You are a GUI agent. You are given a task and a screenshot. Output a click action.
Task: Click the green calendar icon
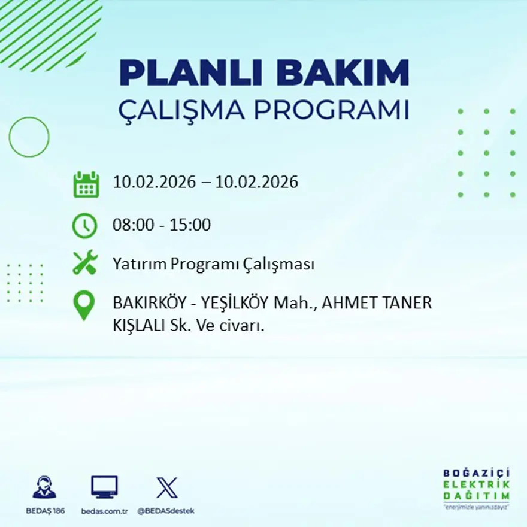86,184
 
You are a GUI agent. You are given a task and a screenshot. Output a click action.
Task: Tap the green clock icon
85,226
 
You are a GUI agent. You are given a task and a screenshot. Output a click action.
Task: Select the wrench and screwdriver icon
85,263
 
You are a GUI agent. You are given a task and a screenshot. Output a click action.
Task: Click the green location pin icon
84,305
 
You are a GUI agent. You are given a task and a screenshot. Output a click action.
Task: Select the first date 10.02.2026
154,182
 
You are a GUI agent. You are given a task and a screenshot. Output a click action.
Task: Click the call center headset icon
44,487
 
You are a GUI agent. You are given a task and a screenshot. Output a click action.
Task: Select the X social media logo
166,487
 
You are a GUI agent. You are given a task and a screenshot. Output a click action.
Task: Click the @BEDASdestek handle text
166,511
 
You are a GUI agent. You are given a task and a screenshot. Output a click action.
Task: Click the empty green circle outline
29,137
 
